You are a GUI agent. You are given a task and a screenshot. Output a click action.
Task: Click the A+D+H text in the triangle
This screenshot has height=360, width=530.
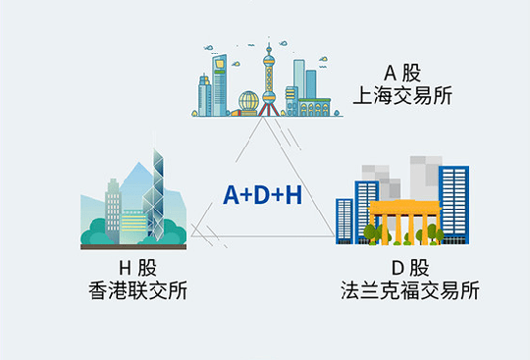pyautogui.click(x=262, y=195)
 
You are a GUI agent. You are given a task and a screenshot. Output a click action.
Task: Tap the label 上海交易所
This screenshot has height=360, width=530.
pyautogui.click(x=403, y=95)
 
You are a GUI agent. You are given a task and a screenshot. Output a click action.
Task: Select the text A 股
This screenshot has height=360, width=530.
pyautogui.click(x=402, y=72)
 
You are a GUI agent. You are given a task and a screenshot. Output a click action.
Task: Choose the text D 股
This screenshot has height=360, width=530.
pyautogui.click(x=410, y=267)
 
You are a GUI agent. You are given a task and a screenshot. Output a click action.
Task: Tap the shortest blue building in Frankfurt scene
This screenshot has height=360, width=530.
pyautogui.click(x=344, y=220)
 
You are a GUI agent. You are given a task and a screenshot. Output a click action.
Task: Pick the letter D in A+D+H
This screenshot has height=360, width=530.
pyautogui.click(x=262, y=195)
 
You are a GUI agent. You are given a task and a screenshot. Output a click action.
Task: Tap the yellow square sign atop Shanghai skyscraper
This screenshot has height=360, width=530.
pyautogui.click(x=222, y=66)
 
